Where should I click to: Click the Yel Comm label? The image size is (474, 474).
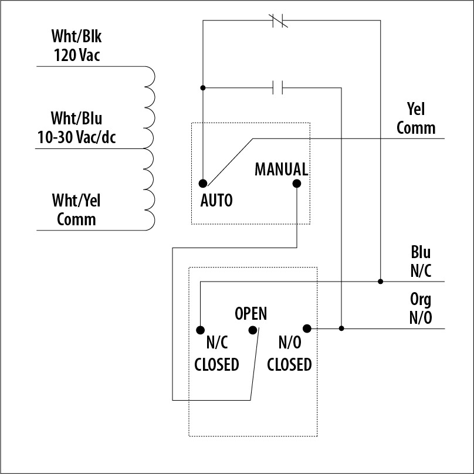pos(416,118)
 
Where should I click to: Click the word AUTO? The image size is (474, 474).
pos(216,200)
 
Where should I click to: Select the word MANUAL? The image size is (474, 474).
pos(281,170)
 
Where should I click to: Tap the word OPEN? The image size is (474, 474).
pos(250,313)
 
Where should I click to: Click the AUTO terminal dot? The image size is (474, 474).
pos(202,183)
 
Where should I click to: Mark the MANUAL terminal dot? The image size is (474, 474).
pos(297,183)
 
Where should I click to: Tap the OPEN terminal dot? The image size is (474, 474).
pos(253,330)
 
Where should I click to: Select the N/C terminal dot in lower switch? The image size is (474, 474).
pos(200,330)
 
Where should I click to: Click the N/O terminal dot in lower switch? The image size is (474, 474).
pos(306,328)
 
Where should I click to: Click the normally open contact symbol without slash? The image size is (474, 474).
pos(279,88)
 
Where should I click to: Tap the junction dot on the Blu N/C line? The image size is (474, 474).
pos(380,282)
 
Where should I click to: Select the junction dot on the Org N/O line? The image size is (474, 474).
pos(341,329)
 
